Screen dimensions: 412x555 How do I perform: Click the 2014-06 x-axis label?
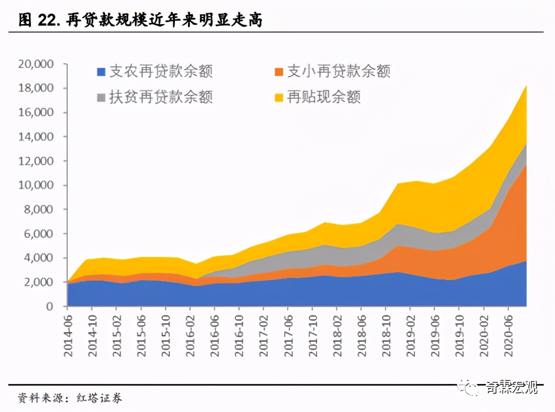[x=69, y=335]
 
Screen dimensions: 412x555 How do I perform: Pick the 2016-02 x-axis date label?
[x=191, y=335]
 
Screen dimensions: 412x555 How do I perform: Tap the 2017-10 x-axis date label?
[x=313, y=335]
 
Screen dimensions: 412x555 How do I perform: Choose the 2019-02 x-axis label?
[x=411, y=335]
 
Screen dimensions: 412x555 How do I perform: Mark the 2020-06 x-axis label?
[x=508, y=335]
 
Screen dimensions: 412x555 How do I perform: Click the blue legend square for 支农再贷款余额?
[x=101, y=72]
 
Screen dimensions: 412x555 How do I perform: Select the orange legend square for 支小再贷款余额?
[x=279, y=72]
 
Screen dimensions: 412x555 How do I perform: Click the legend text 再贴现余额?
[x=324, y=97]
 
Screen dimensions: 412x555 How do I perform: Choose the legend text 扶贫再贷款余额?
[x=161, y=97]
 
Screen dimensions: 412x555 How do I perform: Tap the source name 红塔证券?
[x=100, y=398]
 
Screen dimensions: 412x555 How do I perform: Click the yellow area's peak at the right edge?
[x=525, y=87]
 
